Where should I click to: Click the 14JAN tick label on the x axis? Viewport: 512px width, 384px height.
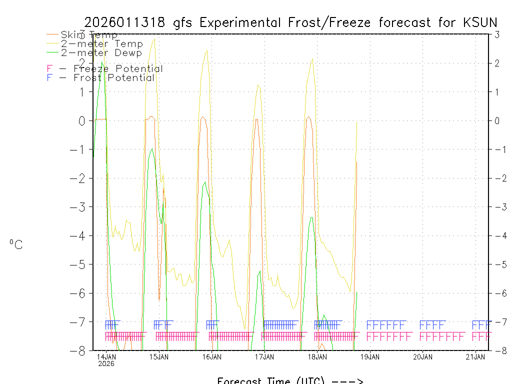coord(106,357)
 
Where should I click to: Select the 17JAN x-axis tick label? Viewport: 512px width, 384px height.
coord(264,357)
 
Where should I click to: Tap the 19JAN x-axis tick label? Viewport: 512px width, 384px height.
coord(370,357)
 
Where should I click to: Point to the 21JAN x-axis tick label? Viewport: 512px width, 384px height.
coord(475,357)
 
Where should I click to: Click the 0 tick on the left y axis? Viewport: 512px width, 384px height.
coord(82,121)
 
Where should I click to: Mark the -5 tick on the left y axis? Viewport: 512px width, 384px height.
coord(79,264)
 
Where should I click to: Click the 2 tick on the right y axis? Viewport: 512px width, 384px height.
coord(497,63)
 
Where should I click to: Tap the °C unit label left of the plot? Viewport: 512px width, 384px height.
coord(16,244)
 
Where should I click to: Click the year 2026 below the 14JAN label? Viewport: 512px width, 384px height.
coord(106,364)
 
